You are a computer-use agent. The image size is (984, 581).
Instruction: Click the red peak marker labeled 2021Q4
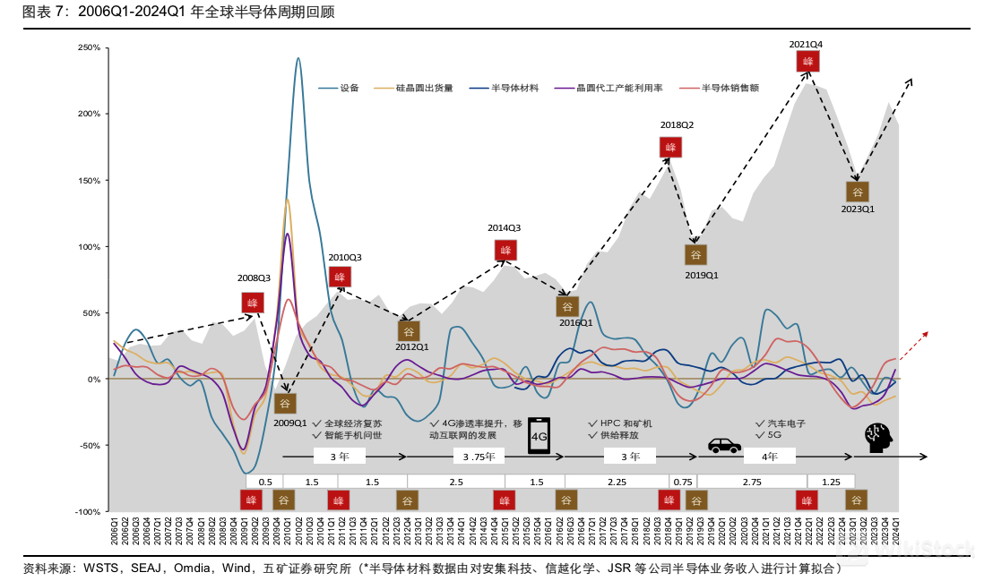pos(808,61)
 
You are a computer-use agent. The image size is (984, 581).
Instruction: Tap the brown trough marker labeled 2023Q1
pos(857,192)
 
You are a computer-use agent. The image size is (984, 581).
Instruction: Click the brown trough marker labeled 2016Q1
pos(567,306)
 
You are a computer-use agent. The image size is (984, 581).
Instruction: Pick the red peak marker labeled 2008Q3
pos(253,303)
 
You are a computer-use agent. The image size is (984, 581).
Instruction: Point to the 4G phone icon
pos(539,435)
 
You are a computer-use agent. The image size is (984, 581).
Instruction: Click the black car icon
pos(724,444)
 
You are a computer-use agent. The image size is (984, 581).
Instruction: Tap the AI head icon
pos(880,438)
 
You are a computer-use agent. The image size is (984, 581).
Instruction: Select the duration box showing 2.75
pos(752,482)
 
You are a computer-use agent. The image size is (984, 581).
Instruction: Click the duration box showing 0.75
pos(683,482)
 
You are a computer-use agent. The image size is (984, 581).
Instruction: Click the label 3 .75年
pos(485,457)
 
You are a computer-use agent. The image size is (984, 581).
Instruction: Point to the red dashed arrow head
pos(926,333)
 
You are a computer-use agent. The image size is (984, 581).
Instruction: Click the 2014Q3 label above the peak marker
pos(504,228)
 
